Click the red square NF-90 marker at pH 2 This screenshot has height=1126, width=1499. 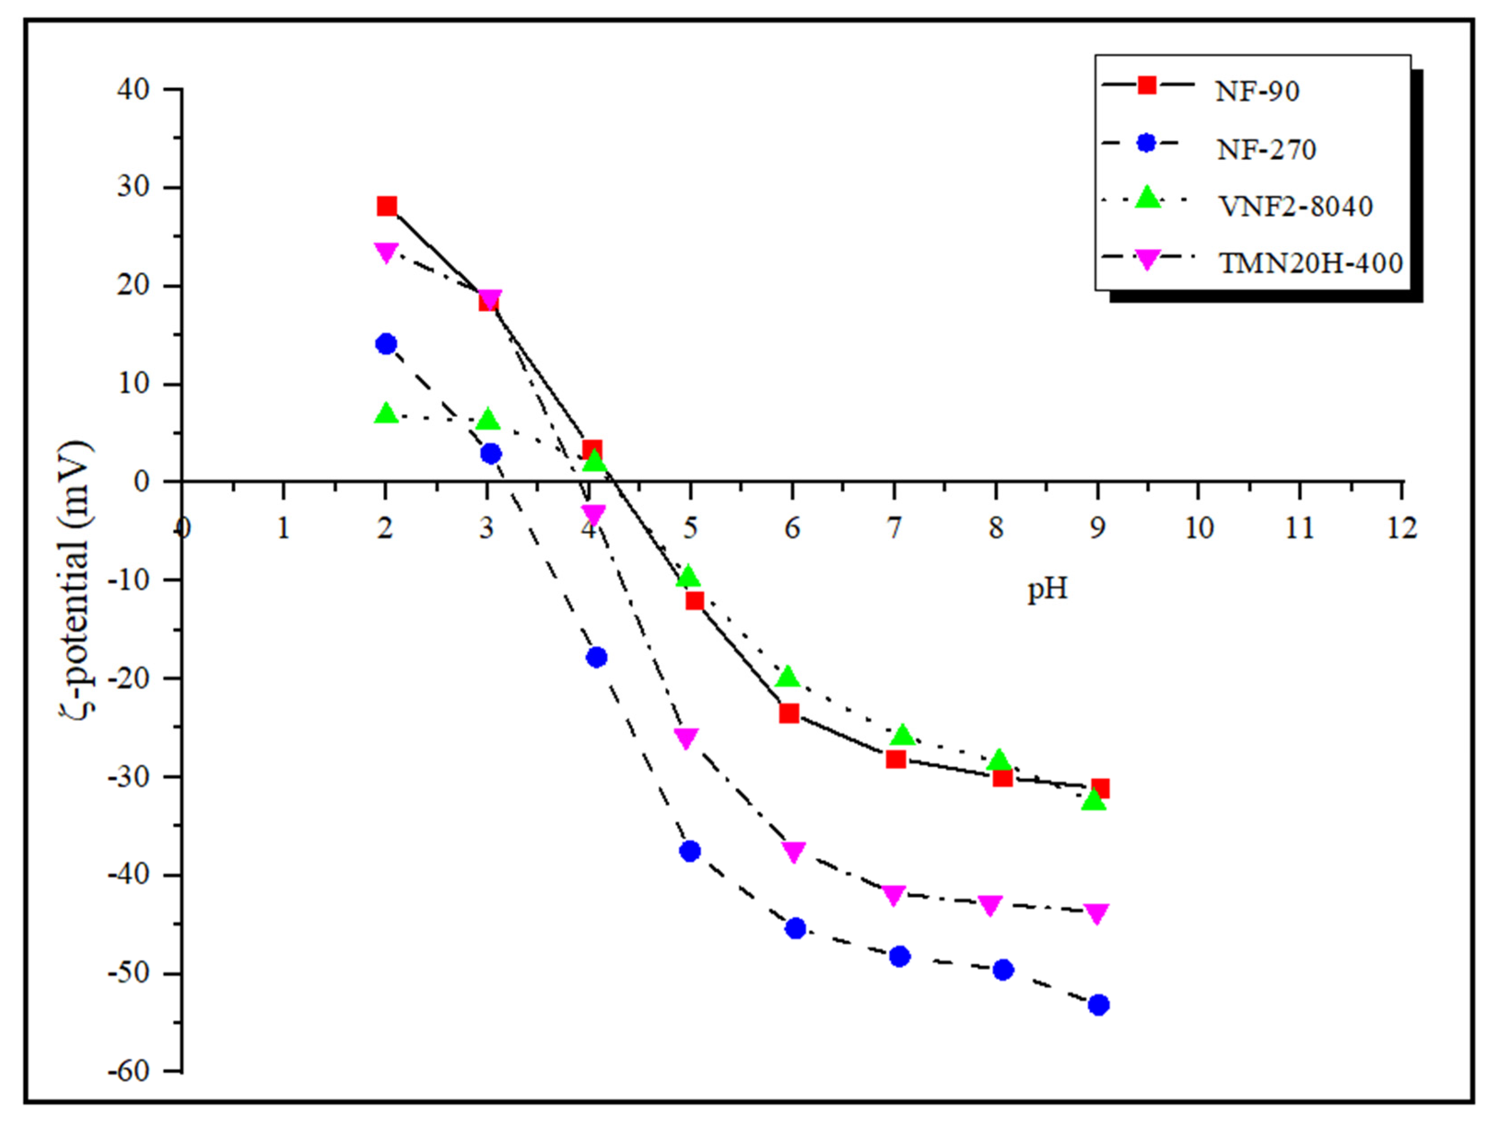387,206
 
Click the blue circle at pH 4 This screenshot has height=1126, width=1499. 596,657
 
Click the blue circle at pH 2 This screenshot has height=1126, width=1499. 386,344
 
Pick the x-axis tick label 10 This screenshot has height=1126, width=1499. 1198,528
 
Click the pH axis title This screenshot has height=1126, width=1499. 1047,589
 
